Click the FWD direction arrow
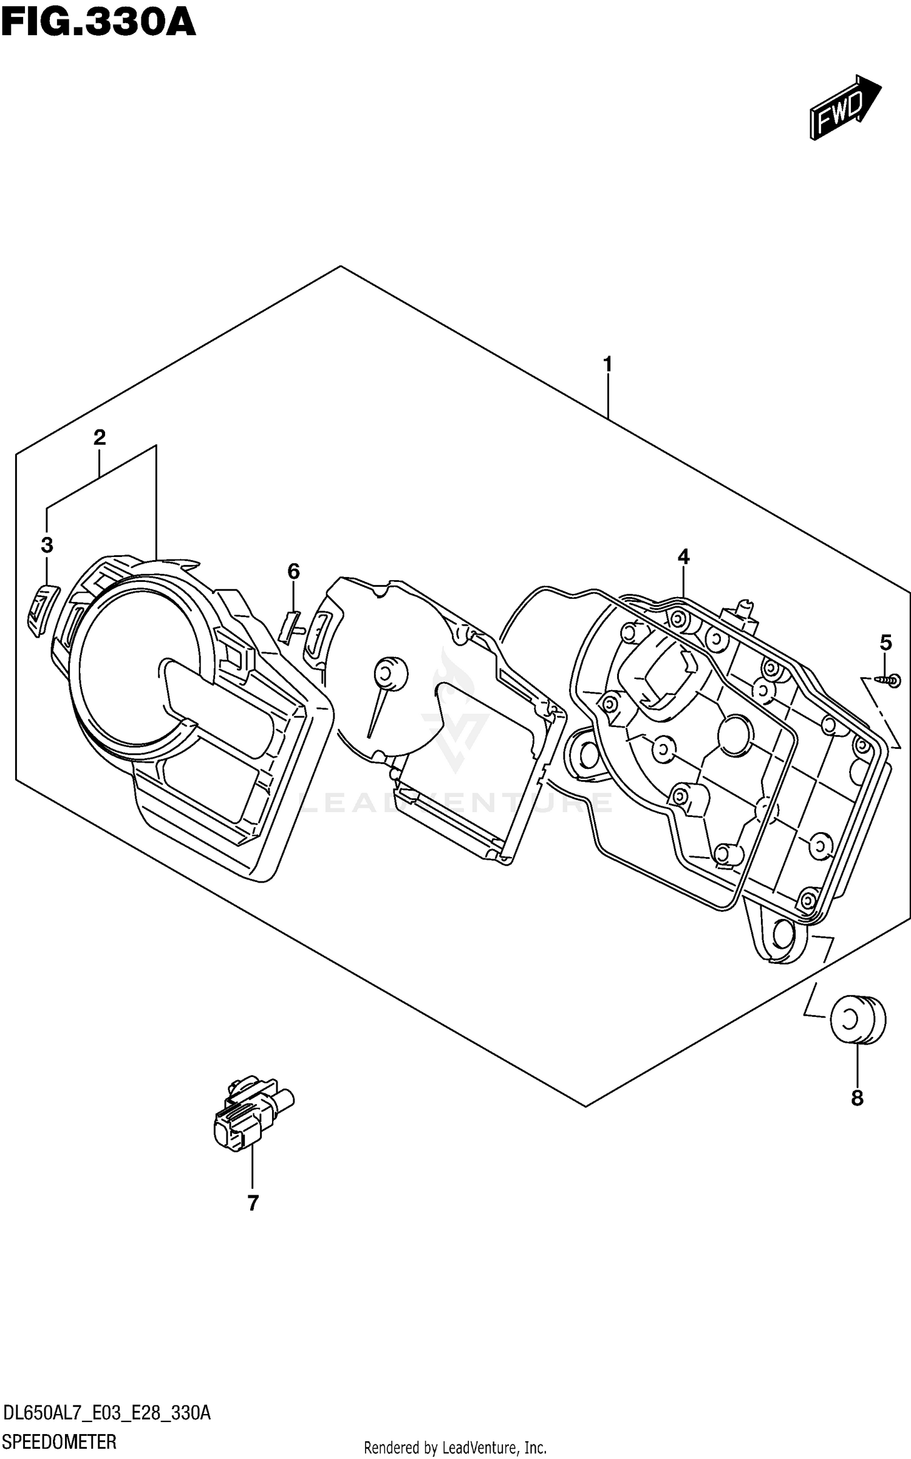tap(844, 108)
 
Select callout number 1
tap(607, 365)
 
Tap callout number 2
tap(100, 437)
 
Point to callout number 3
tap(47, 545)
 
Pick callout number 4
tap(683, 556)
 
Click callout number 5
tap(885, 642)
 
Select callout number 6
tap(293, 571)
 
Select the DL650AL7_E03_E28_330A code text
tap(107, 1413)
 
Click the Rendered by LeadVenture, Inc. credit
tap(455, 1448)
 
